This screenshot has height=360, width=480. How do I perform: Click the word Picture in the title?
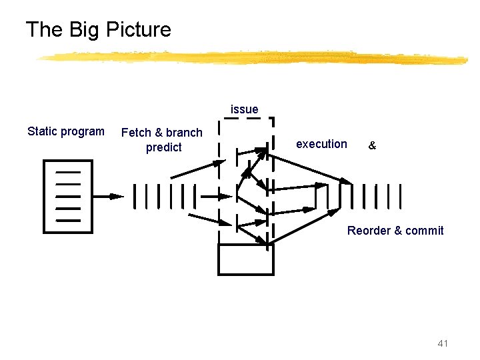137,29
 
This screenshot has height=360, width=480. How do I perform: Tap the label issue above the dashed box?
245,109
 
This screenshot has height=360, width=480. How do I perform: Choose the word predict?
163,147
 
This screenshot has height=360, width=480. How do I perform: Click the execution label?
321,144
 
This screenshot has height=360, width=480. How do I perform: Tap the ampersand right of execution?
372,145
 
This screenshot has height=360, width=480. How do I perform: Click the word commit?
425,231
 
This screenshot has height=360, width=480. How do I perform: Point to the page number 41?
443,343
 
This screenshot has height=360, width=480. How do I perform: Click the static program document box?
67,196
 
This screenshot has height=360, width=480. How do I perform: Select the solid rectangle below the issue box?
246,259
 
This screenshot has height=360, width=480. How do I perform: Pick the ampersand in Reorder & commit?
398,231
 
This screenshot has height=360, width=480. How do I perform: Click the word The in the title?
45,29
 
